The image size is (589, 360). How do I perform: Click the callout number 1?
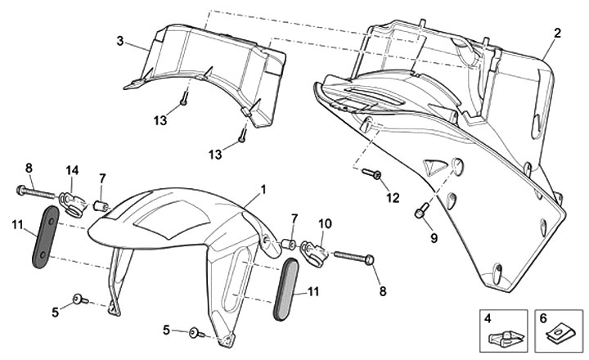[x=263, y=189]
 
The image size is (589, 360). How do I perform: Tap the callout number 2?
[x=557, y=34]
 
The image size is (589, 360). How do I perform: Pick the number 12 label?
[x=393, y=197]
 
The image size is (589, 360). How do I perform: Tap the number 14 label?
[x=72, y=170]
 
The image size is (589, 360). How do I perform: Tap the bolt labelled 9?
[x=420, y=213]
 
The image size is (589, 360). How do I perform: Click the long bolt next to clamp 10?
[x=353, y=255]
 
